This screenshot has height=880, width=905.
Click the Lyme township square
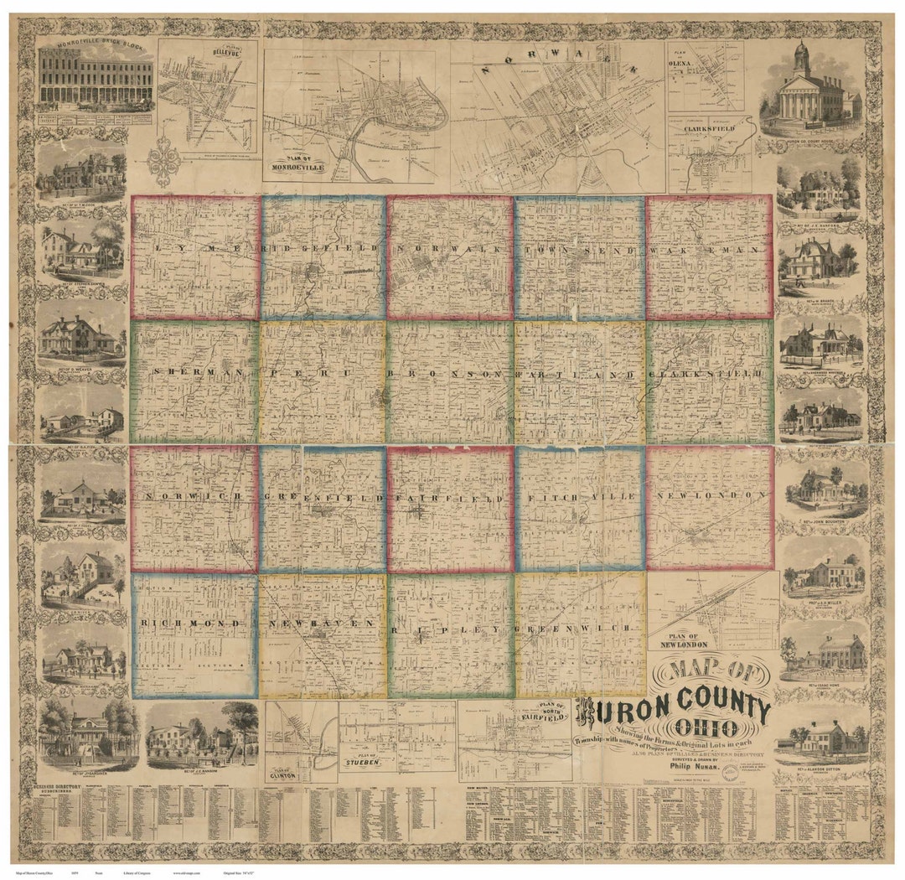pyautogui.click(x=195, y=257)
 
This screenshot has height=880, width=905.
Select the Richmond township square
pyautogui.click(x=194, y=635)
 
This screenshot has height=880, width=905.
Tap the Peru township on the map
pyautogui.click(x=323, y=382)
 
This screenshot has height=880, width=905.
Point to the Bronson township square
pyautogui.click(x=450, y=382)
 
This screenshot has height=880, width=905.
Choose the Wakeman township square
pyautogui.click(x=710, y=257)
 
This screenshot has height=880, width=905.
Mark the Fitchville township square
pyautogui.click(x=580, y=509)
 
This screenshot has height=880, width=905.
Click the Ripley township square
pyautogui.click(x=450, y=635)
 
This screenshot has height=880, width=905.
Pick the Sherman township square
pyautogui.click(x=194, y=382)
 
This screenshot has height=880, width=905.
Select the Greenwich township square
pyautogui.click(x=580, y=635)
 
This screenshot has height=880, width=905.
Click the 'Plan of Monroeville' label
pyautogui.click(x=293, y=163)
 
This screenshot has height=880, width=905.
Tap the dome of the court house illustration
pyautogui.click(x=800, y=54)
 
